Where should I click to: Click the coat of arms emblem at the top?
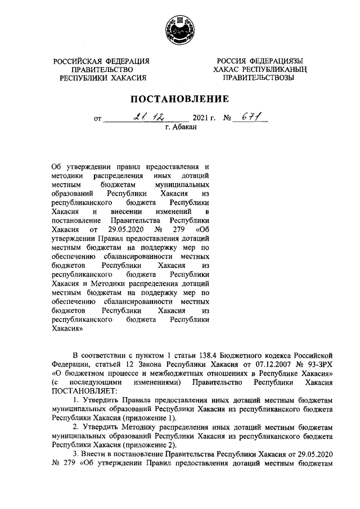pos(179,29)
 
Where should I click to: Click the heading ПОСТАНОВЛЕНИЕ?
pos(179,99)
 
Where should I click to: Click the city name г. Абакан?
pos(180,128)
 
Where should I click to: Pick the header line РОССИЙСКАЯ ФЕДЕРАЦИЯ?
pos(102,61)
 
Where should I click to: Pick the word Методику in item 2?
pos(130,426)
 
